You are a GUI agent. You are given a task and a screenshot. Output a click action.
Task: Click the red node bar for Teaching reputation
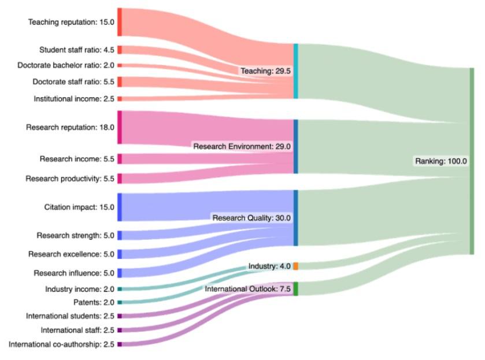pos(120,22)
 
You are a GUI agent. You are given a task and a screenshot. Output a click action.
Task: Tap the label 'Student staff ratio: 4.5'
pos(77,50)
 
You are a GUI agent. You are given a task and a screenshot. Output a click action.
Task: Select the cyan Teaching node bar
pos(296,71)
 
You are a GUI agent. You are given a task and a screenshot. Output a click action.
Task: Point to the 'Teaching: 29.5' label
pos(266,71)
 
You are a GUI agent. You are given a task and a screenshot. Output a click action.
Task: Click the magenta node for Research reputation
pos(120,127)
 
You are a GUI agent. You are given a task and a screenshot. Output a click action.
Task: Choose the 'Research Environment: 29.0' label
pos(242,146)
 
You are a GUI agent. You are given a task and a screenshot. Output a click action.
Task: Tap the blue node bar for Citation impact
pos(120,207)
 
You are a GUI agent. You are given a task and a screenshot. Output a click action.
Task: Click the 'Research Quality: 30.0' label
pos(251,218)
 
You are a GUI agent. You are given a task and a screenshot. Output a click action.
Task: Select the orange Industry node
pos(296,266)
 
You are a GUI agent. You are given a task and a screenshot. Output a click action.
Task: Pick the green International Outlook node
pos(296,288)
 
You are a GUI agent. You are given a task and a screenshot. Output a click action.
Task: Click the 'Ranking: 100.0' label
pos(440,161)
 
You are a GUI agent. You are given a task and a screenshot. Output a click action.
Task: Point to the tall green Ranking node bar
pos(472,161)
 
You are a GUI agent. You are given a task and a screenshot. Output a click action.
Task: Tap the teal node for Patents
pos(120,302)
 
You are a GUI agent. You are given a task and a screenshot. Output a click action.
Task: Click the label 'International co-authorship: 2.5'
pos(61,344)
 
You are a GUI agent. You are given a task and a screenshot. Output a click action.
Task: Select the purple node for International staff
pos(120,330)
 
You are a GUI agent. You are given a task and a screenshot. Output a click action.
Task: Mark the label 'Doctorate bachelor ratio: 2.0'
pos(66,65)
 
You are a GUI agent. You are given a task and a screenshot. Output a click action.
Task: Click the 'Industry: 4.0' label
pos(269,266)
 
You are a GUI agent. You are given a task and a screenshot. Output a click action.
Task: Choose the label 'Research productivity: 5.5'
pos(70,179)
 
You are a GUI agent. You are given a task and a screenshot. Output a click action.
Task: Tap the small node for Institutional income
pos(120,99)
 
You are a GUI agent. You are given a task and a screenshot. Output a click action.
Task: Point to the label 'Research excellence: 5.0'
pos(71,254)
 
